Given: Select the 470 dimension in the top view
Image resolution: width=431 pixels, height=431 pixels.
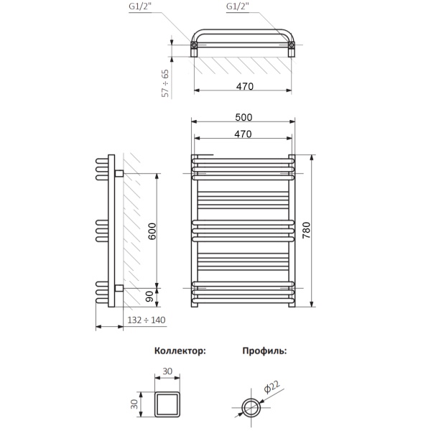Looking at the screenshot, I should click(244, 86).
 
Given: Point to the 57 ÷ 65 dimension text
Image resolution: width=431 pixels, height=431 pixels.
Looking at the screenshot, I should click(165, 83).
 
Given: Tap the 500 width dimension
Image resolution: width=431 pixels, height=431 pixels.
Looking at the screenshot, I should click(244, 118).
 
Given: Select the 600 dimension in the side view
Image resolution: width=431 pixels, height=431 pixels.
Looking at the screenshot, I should click(152, 231).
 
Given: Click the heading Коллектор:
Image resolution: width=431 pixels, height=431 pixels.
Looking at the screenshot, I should click(180, 351).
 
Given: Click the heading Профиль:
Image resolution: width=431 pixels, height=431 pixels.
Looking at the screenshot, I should click(264, 351).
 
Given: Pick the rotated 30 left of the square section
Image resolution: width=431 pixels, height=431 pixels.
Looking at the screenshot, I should click(134, 404).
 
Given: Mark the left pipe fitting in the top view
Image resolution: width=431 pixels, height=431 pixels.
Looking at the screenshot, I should click(194, 47).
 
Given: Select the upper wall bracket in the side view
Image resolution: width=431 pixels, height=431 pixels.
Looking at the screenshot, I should click(119, 173).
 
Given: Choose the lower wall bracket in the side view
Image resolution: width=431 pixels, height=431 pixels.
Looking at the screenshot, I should click(119, 288).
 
